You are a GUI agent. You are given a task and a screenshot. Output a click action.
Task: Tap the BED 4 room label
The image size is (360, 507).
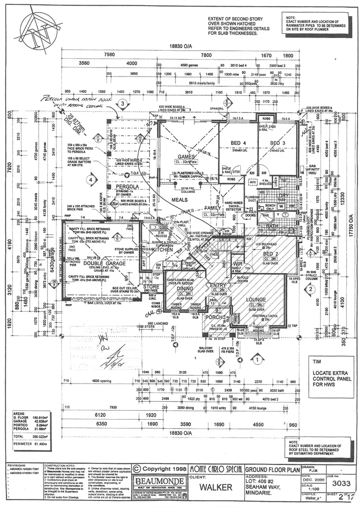[x=238, y=143]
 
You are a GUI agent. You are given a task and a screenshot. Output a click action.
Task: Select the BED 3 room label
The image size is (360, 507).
[x=277, y=143]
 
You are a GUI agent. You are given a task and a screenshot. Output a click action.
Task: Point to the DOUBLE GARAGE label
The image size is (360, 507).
[x=96, y=264]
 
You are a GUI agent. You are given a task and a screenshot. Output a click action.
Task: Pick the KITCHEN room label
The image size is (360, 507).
[x=162, y=250]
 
